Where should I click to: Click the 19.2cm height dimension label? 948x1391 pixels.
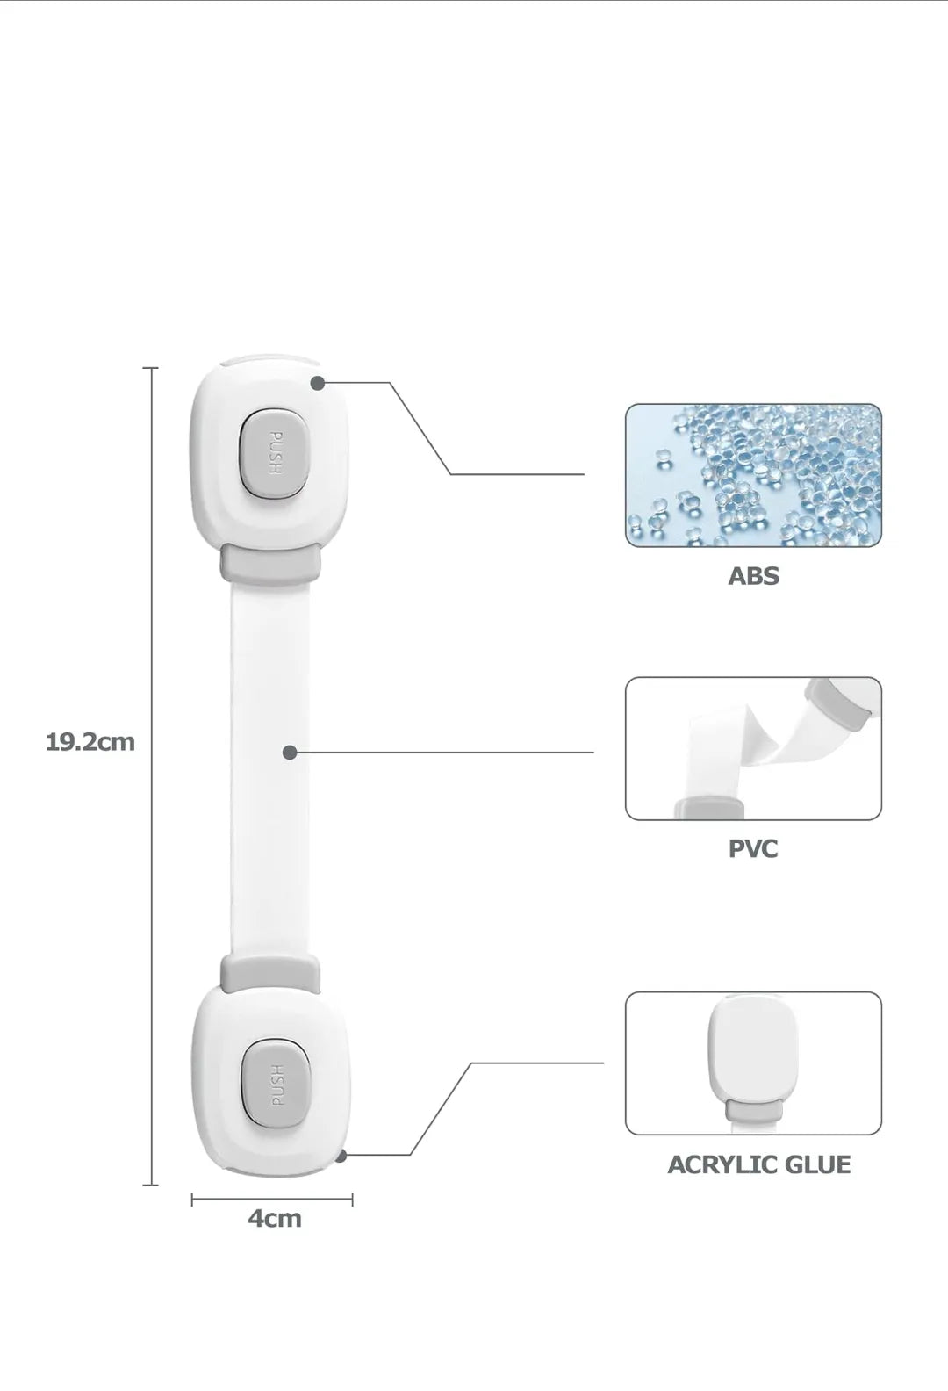tap(90, 742)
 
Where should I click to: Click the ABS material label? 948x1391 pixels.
tap(753, 576)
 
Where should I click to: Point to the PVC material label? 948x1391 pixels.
tap(753, 848)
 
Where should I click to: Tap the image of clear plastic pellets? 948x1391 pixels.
tap(753, 475)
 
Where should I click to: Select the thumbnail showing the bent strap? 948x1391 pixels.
tap(753, 748)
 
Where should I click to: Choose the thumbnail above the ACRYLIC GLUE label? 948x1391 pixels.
tap(753, 1063)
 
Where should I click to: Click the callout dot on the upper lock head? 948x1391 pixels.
tap(318, 383)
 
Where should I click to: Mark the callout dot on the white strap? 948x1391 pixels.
tap(290, 753)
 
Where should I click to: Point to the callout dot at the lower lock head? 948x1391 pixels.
tap(341, 1155)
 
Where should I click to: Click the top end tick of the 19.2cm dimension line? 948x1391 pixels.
tap(150, 368)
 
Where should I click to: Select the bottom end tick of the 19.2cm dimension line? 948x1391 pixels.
tap(150, 1185)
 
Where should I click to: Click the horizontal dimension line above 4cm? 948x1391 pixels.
tap(272, 1200)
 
